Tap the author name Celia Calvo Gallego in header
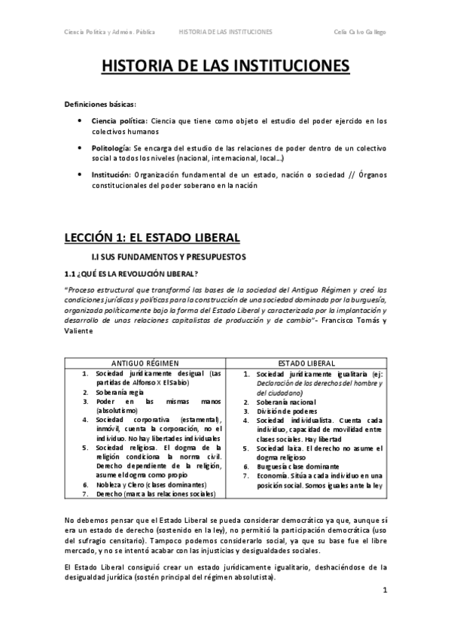point(359,32)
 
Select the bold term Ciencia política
point(119,120)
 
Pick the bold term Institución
point(111,175)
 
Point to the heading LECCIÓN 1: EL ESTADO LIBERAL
point(151,238)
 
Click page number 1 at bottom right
point(385,591)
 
